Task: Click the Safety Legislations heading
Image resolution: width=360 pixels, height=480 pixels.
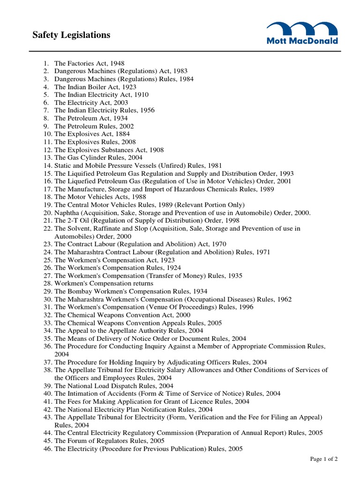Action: pyautogui.click(x=71, y=35)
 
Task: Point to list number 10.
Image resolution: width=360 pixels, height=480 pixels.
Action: pyautogui.click(x=47, y=134)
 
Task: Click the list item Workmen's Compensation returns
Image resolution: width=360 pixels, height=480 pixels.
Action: pyautogui.click(x=104, y=283)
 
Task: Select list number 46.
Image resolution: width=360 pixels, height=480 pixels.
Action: pyautogui.click(x=47, y=449)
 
